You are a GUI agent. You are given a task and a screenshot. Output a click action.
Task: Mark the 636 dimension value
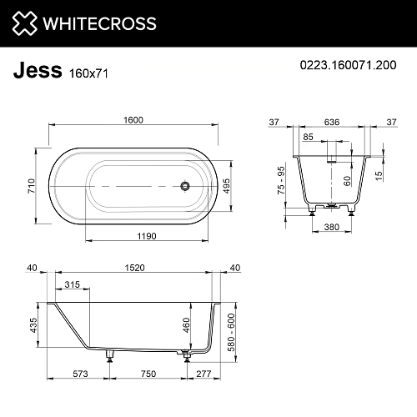click(x=333, y=121)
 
